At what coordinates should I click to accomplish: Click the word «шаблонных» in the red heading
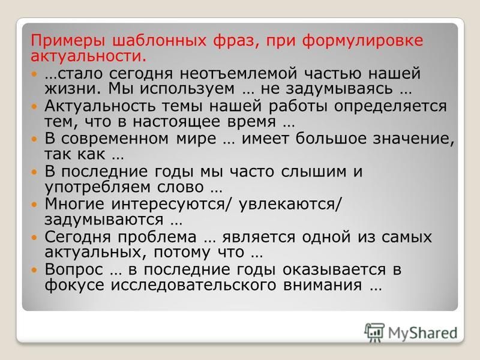(x=159, y=41)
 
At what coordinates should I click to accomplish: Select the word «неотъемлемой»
(x=238, y=73)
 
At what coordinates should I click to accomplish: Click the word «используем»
(x=187, y=89)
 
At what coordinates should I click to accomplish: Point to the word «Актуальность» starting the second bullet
(x=100, y=106)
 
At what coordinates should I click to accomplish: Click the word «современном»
(x=115, y=139)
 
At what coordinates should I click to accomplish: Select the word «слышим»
(x=313, y=172)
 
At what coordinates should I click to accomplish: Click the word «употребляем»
(x=98, y=187)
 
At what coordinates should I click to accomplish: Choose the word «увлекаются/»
(x=289, y=204)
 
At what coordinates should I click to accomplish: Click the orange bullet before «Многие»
(x=34, y=205)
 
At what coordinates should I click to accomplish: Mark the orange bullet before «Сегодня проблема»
(x=34, y=237)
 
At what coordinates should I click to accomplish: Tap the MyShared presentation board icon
(x=374, y=332)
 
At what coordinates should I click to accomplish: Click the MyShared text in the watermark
(x=423, y=333)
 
